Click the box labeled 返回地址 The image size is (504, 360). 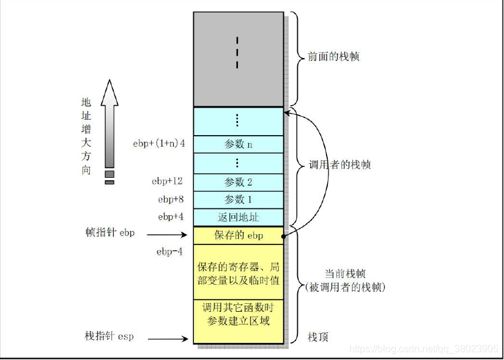coord(238,217)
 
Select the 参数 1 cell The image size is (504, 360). coord(238,199)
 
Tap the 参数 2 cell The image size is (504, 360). coord(238,182)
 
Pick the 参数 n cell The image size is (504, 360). coord(238,144)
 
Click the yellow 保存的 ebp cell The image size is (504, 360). coord(238,235)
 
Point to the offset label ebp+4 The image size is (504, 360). coord(171,217)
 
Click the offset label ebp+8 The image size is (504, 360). coord(171,199)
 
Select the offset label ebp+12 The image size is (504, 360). coord(168,182)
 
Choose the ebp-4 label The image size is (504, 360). coord(169,252)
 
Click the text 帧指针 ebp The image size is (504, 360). coord(109,233)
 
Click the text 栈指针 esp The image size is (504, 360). coord(109,337)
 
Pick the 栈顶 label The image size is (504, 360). coord(317,337)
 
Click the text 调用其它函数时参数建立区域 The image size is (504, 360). coord(238,313)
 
